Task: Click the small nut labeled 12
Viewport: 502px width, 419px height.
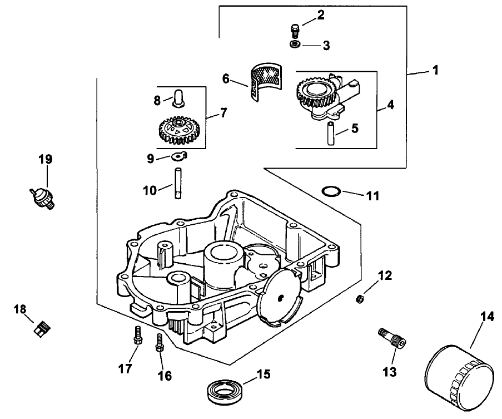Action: click(360, 300)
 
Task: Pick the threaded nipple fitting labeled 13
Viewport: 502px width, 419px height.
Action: click(391, 338)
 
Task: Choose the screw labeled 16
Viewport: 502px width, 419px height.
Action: click(160, 342)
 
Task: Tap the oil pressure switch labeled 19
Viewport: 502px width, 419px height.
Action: click(41, 197)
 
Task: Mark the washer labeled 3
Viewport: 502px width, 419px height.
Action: click(295, 43)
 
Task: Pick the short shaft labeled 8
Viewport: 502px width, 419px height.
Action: click(179, 98)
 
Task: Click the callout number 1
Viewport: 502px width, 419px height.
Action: click(435, 71)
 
